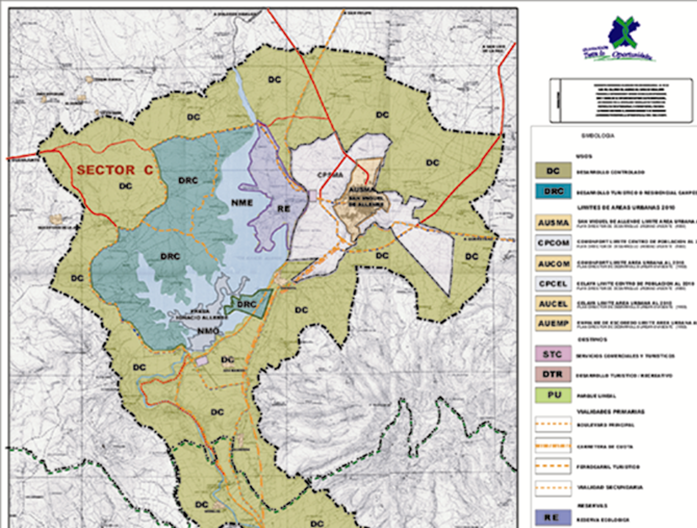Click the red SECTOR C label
(x=115, y=170)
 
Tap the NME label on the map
(x=242, y=202)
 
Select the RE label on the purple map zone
(x=283, y=208)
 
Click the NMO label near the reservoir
(x=208, y=331)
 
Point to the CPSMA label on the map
(x=330, y=175)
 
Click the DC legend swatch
(x=553, y=171)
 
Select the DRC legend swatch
(x=553, y=191)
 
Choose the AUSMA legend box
(x=553, y=223)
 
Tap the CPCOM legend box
(x=553, y=243)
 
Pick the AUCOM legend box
(x=553, y=263)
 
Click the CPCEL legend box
(x=553, y=284)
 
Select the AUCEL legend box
(x=553, y=304)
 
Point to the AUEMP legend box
(x=553, y=324)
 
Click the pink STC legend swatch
(x=553, y=354)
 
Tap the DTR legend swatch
(x=553, y=374)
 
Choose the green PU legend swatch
(x=553, y=395)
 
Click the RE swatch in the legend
(x=553, y=517)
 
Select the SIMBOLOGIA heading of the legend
(x=598, y=136)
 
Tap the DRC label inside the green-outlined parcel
(x=247, y=304)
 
